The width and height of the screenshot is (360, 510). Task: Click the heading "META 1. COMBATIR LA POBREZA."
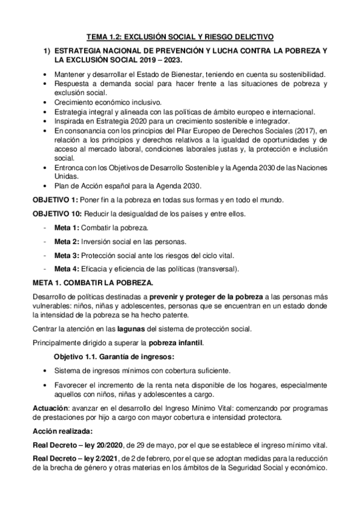(x=93, y=282)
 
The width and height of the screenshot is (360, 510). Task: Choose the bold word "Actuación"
(x=50, y=408)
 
